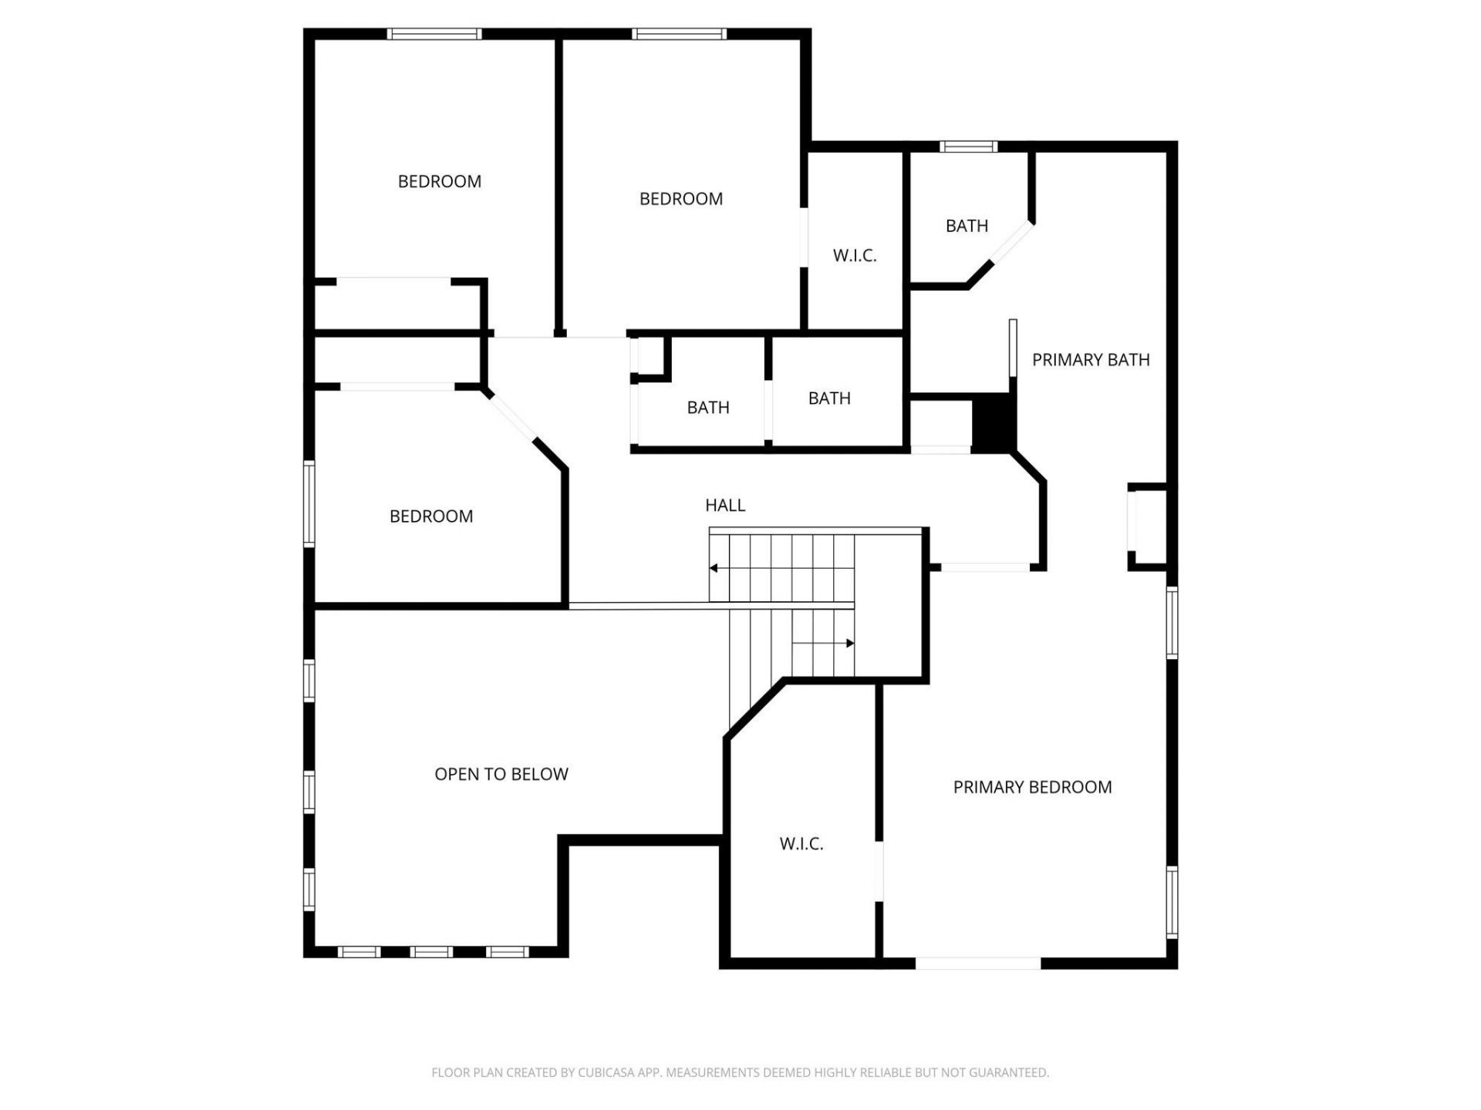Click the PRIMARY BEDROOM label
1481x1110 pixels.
tap(1032, 787)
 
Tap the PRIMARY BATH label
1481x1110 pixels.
tap(1091, 360)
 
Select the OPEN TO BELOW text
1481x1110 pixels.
tap(501, 774)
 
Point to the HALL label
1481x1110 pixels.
tap(725, 506)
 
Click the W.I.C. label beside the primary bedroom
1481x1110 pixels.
tap(801, 844)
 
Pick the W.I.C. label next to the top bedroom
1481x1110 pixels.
tap(855, 256)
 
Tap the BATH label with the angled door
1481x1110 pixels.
tap(967, 226)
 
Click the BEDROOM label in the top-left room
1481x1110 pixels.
tap(440, 182)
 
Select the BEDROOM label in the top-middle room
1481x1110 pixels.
tap(681, 199)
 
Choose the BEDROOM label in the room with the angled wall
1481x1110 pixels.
tap(431, 516)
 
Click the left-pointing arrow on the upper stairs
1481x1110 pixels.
tap(714, 568)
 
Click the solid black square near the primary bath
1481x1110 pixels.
tap(994, 422)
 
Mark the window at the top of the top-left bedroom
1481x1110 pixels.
tap(434, 34)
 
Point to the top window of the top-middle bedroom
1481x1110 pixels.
tap(679, 34)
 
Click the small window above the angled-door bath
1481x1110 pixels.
tap(968, 146)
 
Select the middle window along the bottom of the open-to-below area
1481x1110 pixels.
tap(431, 952)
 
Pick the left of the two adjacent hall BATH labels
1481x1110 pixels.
tap(708, 408)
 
